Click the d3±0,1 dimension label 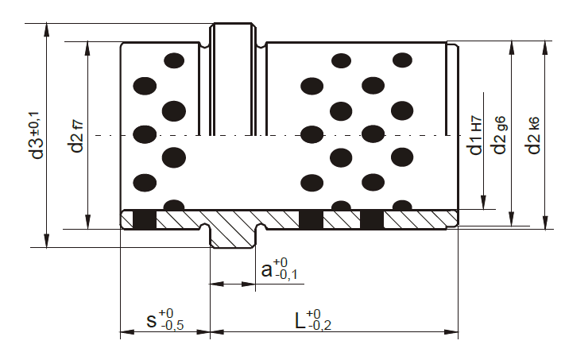tap(37, 135)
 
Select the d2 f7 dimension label tap(77, 137)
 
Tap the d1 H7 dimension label tap(475, 135)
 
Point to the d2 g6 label tap(499, 135)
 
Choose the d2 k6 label tap(533, 135)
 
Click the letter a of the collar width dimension tap(267, 269)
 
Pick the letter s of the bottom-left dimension tap(152, 320)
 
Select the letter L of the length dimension tap(300, 320)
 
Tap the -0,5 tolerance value tap(172, 325)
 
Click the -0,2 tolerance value tap(320, 325)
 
